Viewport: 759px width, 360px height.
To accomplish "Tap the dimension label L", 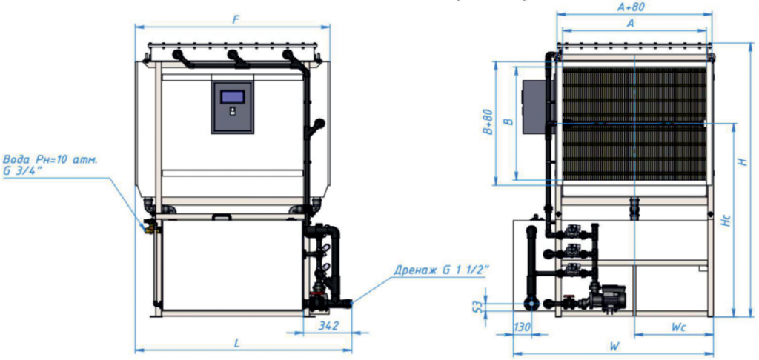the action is (x=237, y=343).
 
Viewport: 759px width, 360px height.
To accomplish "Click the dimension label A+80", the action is (x=634, y=7).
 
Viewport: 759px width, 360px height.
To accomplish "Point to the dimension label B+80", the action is (x=488, y=122).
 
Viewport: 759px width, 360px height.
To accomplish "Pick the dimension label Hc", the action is (x=726, y=220).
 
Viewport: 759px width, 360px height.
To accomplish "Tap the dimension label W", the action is (x=614, y=346).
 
